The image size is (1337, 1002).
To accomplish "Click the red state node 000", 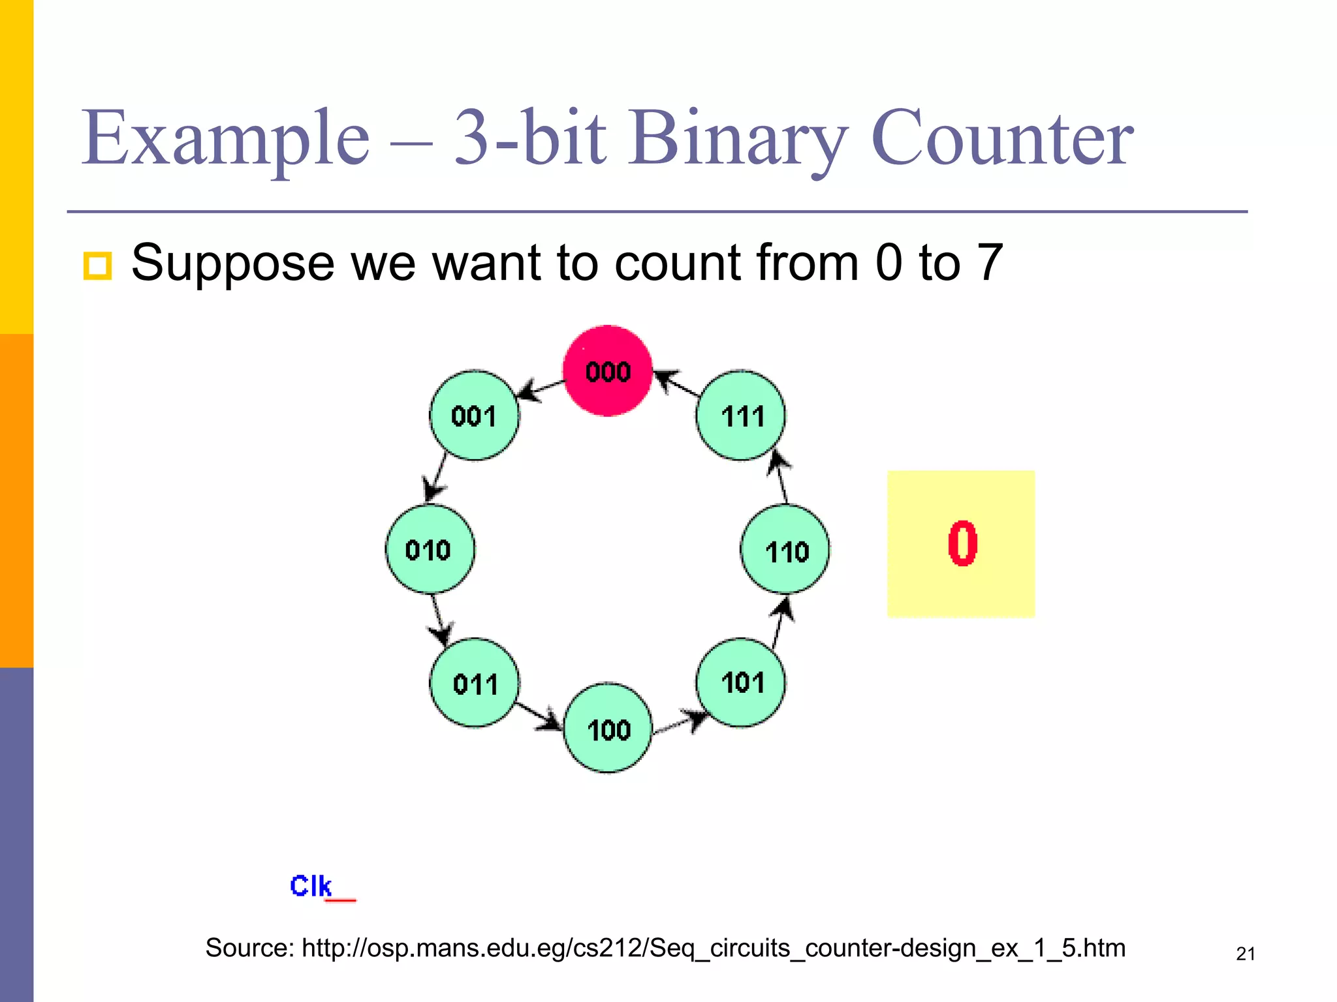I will [x=607, y=371].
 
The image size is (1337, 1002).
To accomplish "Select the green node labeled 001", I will [x=474, y=416].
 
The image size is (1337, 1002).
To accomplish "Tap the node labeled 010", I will [x=429, y=549].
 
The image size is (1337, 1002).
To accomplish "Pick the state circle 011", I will [x=475, y=683].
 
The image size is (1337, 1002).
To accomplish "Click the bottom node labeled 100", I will [x=607, y=728].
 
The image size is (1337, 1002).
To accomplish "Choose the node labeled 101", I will [x=741, y=682].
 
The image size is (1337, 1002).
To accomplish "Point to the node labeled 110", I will [x=785, y=550].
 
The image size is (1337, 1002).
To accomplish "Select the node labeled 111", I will [x=741, y=416].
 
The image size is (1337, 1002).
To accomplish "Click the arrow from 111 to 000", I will [x=676, y=384].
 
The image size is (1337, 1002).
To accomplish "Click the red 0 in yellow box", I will [x=962, y=543].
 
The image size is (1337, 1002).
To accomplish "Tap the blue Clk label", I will [x=311, y=886].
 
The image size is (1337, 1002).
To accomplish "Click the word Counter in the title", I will [x=1002, y=138].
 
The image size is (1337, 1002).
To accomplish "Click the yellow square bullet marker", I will [x=97, y=266].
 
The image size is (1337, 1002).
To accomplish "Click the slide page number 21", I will [x=1246, y=954].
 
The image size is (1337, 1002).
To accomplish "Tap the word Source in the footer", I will [x=249, y=948].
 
